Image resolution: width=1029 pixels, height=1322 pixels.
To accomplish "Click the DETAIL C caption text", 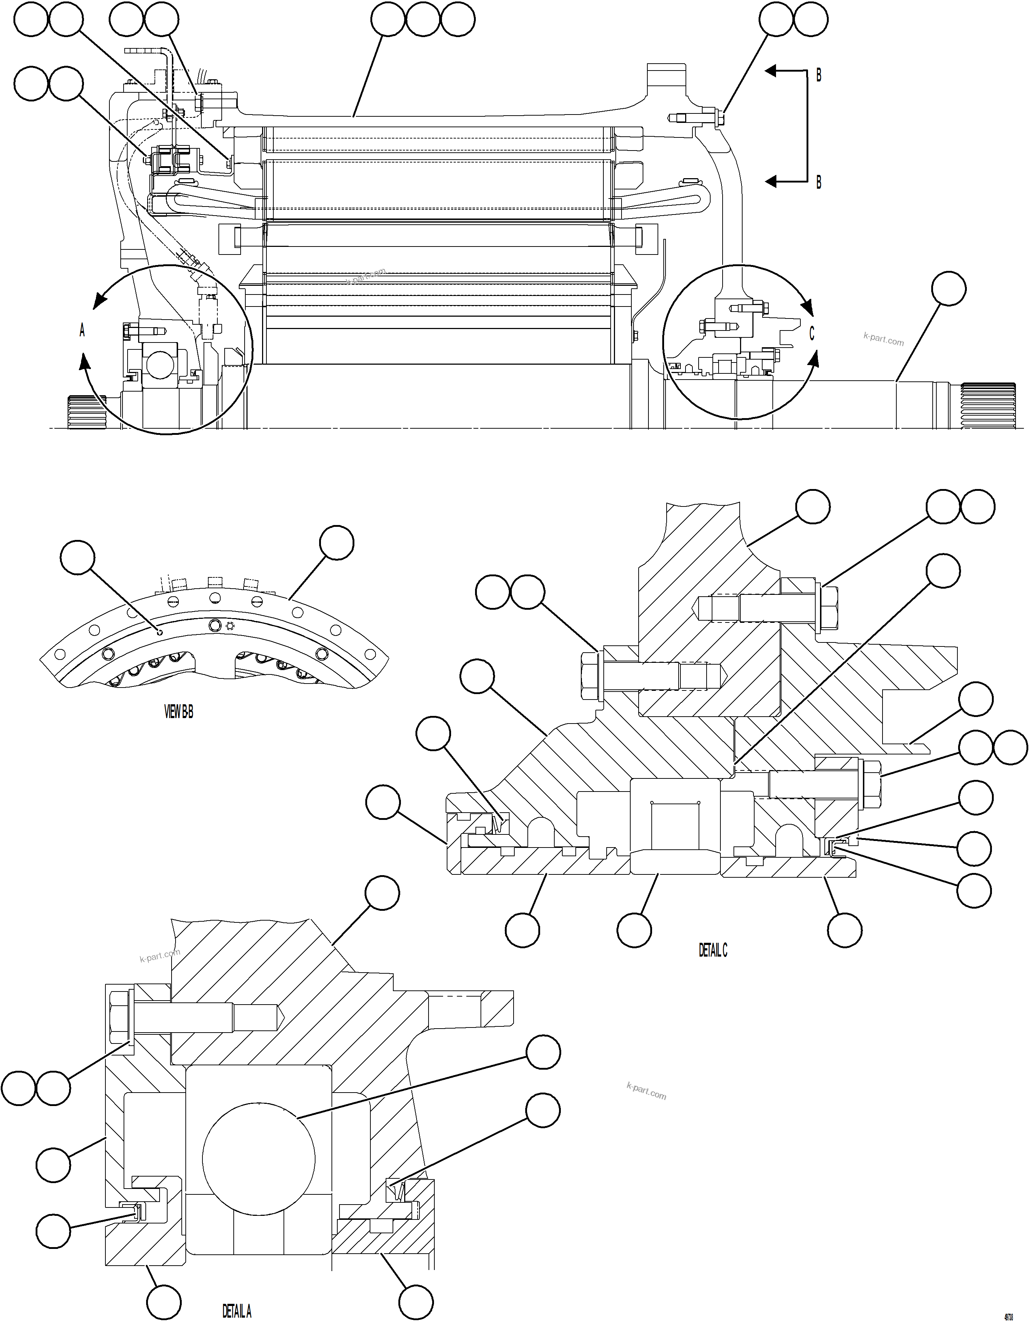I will tap(713, 950).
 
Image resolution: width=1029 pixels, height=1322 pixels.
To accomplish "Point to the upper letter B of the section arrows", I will tap(819, 76).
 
